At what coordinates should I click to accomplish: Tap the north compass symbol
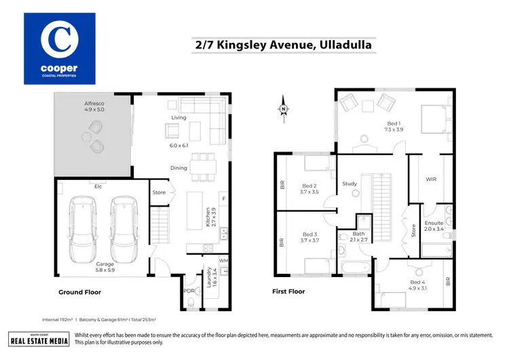point(284,108)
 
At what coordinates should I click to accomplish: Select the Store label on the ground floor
point(159,192)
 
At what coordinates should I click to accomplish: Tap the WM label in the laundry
point(223,261)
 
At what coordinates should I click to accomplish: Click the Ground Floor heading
point(79,292)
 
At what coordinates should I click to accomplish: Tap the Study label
point(350,183)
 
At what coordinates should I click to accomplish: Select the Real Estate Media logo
point(38,339)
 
